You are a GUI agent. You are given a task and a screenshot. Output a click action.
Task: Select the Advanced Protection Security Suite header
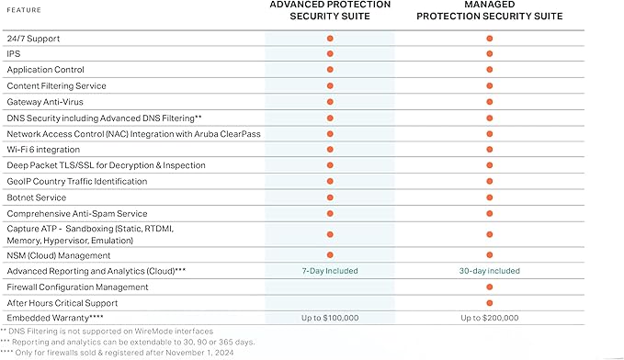[330, 10]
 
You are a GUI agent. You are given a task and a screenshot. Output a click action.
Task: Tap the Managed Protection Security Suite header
[490, 10]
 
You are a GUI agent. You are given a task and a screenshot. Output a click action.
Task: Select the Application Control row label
[45, 70]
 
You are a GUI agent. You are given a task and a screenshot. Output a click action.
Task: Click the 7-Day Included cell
[330, 271]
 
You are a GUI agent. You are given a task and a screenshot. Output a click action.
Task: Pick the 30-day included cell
[490, 271]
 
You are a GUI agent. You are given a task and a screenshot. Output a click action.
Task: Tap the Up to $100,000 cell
[330, 317]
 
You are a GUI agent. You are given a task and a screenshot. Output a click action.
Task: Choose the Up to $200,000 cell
[490, 317]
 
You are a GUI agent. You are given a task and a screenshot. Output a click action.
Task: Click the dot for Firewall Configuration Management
[490, 287]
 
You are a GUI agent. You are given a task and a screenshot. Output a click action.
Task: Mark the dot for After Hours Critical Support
[490, 302]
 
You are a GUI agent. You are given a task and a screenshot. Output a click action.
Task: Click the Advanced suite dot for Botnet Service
[330, 197]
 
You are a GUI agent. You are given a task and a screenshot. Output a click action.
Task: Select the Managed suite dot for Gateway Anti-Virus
[490, 101]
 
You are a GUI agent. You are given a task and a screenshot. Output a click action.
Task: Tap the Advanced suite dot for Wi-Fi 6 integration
[330, 149]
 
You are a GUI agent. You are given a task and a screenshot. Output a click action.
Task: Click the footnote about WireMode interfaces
[108, 331]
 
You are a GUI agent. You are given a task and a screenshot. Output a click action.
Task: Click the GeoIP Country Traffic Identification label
[76, 181]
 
